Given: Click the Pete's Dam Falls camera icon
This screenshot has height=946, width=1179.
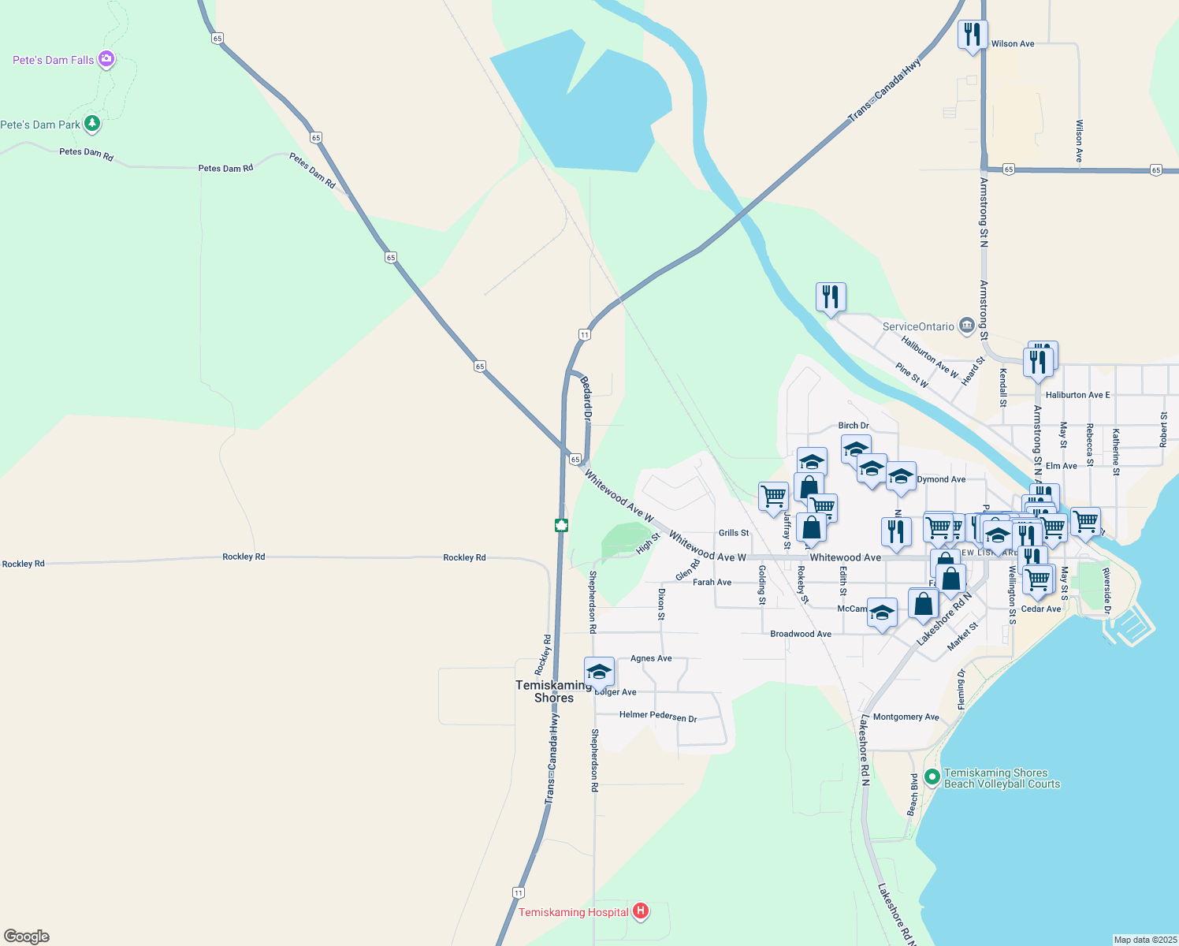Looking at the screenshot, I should [x=106, y=59].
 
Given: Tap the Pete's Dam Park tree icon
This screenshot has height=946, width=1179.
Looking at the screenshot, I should [x=92, y=124].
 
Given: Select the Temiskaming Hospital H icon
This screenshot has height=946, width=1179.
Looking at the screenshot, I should [x=641, y=911].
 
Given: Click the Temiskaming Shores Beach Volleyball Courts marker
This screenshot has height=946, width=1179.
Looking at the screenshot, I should [x=932, y=777].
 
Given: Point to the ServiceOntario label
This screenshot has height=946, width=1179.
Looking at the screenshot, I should [x=918, y=326].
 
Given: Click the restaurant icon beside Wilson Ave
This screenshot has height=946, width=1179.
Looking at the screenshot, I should [x=973, y=35].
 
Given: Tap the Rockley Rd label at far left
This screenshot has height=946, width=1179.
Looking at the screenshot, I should [x=24, y=564].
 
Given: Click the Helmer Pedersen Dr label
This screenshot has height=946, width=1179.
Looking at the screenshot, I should [x=658, y=716].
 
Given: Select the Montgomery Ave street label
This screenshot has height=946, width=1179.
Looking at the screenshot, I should [x=906, y=717].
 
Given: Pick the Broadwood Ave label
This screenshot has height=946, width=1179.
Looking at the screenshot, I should [x=801, y=634].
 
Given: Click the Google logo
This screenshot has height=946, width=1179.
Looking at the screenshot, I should [x=27, y=937].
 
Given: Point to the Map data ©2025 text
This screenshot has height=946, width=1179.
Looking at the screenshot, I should [x=1144, y=940].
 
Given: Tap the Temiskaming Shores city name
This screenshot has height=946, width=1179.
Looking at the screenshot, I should [x=553, y=691].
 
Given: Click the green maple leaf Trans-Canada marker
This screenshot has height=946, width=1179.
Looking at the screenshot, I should [x=561, y=525].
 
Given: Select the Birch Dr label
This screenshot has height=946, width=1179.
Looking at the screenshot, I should [x=854, y=426].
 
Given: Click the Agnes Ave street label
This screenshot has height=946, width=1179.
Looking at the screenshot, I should [x=651, y=658].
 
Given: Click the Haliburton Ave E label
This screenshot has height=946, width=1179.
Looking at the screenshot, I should [x=1077, y=395].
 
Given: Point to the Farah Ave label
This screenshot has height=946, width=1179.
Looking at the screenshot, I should [x=712, y=583].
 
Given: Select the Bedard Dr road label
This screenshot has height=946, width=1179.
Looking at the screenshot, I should [x=586, y=397].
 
